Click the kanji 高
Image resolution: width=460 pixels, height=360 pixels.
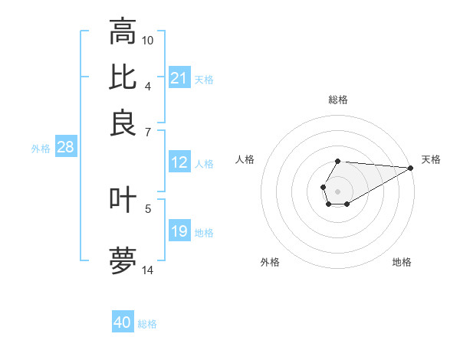tap(123, 32)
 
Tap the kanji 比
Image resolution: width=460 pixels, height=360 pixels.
tap(123, 77)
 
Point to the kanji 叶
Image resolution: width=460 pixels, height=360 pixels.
tap(123, 201)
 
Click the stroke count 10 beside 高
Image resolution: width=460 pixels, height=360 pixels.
tap(148, 40)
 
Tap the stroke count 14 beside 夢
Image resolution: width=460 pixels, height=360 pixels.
tap(148, 270)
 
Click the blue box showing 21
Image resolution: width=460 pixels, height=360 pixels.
tap(179, 78)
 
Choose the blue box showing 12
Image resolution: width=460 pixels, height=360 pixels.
tap(179, 162)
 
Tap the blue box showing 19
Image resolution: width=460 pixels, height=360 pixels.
tap(179, 231)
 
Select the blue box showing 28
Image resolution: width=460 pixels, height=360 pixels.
tap(65, 148)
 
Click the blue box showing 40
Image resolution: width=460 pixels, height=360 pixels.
tap(123, 322)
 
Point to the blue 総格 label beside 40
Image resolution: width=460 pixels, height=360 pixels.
tap(147, 324)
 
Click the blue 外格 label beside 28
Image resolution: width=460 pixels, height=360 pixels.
tap(41, 149)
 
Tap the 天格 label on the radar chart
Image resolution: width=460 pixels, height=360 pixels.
tap(431, 159)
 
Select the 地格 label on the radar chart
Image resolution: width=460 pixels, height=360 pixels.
tap(402, 262)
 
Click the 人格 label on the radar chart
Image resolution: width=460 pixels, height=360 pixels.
tap(245, 159)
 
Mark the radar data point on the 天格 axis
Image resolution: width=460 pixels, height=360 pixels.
tap(410, 168)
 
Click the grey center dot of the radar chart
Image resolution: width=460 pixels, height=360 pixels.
tap(337, 191)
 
